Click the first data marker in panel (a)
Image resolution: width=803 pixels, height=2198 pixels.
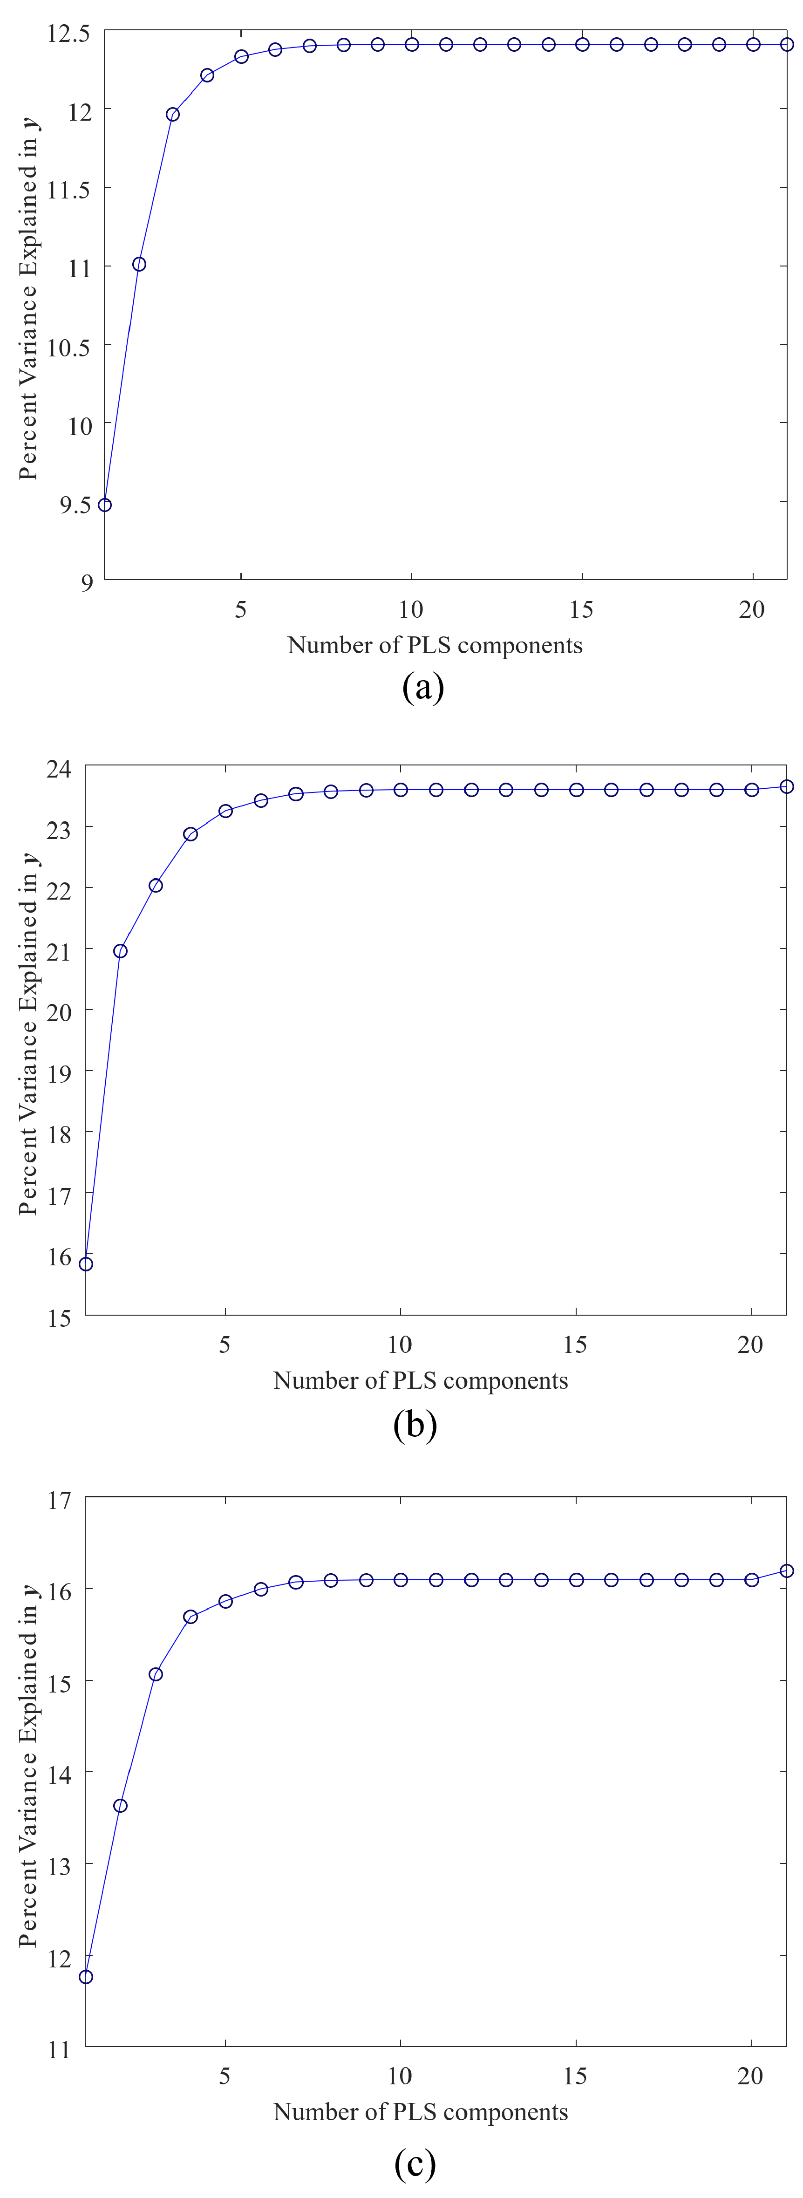click(x=105, y=505)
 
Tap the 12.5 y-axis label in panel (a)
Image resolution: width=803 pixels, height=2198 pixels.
click(x=68, y=33)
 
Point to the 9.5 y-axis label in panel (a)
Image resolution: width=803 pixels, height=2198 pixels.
click(x=75, y=504)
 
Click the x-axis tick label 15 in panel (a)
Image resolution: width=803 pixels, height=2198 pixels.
click(x=581, y=609)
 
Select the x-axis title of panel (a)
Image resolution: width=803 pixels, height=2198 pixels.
click(x=435, y=645)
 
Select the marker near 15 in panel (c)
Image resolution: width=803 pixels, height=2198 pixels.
click(x=155, y=1674)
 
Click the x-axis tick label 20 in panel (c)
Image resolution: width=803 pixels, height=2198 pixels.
click(x=750, y=2076)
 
